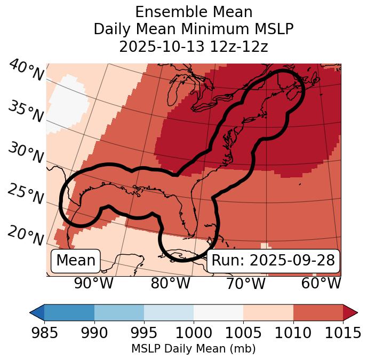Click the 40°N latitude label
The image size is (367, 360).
tap(26, 71)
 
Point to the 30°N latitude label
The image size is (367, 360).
tap(26, 153)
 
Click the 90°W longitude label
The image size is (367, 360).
tap(94, 284)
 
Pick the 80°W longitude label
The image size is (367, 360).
tap(170, 284)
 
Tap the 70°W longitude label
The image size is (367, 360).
tap(245, 284)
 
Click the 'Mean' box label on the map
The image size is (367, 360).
tap(76, 261)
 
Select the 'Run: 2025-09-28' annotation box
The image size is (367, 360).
tap(273, 261)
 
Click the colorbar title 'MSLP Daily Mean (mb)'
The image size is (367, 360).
tap(194, 349)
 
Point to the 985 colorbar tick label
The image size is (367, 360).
tap(44, 333)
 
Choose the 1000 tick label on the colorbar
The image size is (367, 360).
tap(194, 333)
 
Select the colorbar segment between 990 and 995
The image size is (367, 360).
tap(119, 312)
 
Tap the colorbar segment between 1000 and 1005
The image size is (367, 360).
tap(218, 312)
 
